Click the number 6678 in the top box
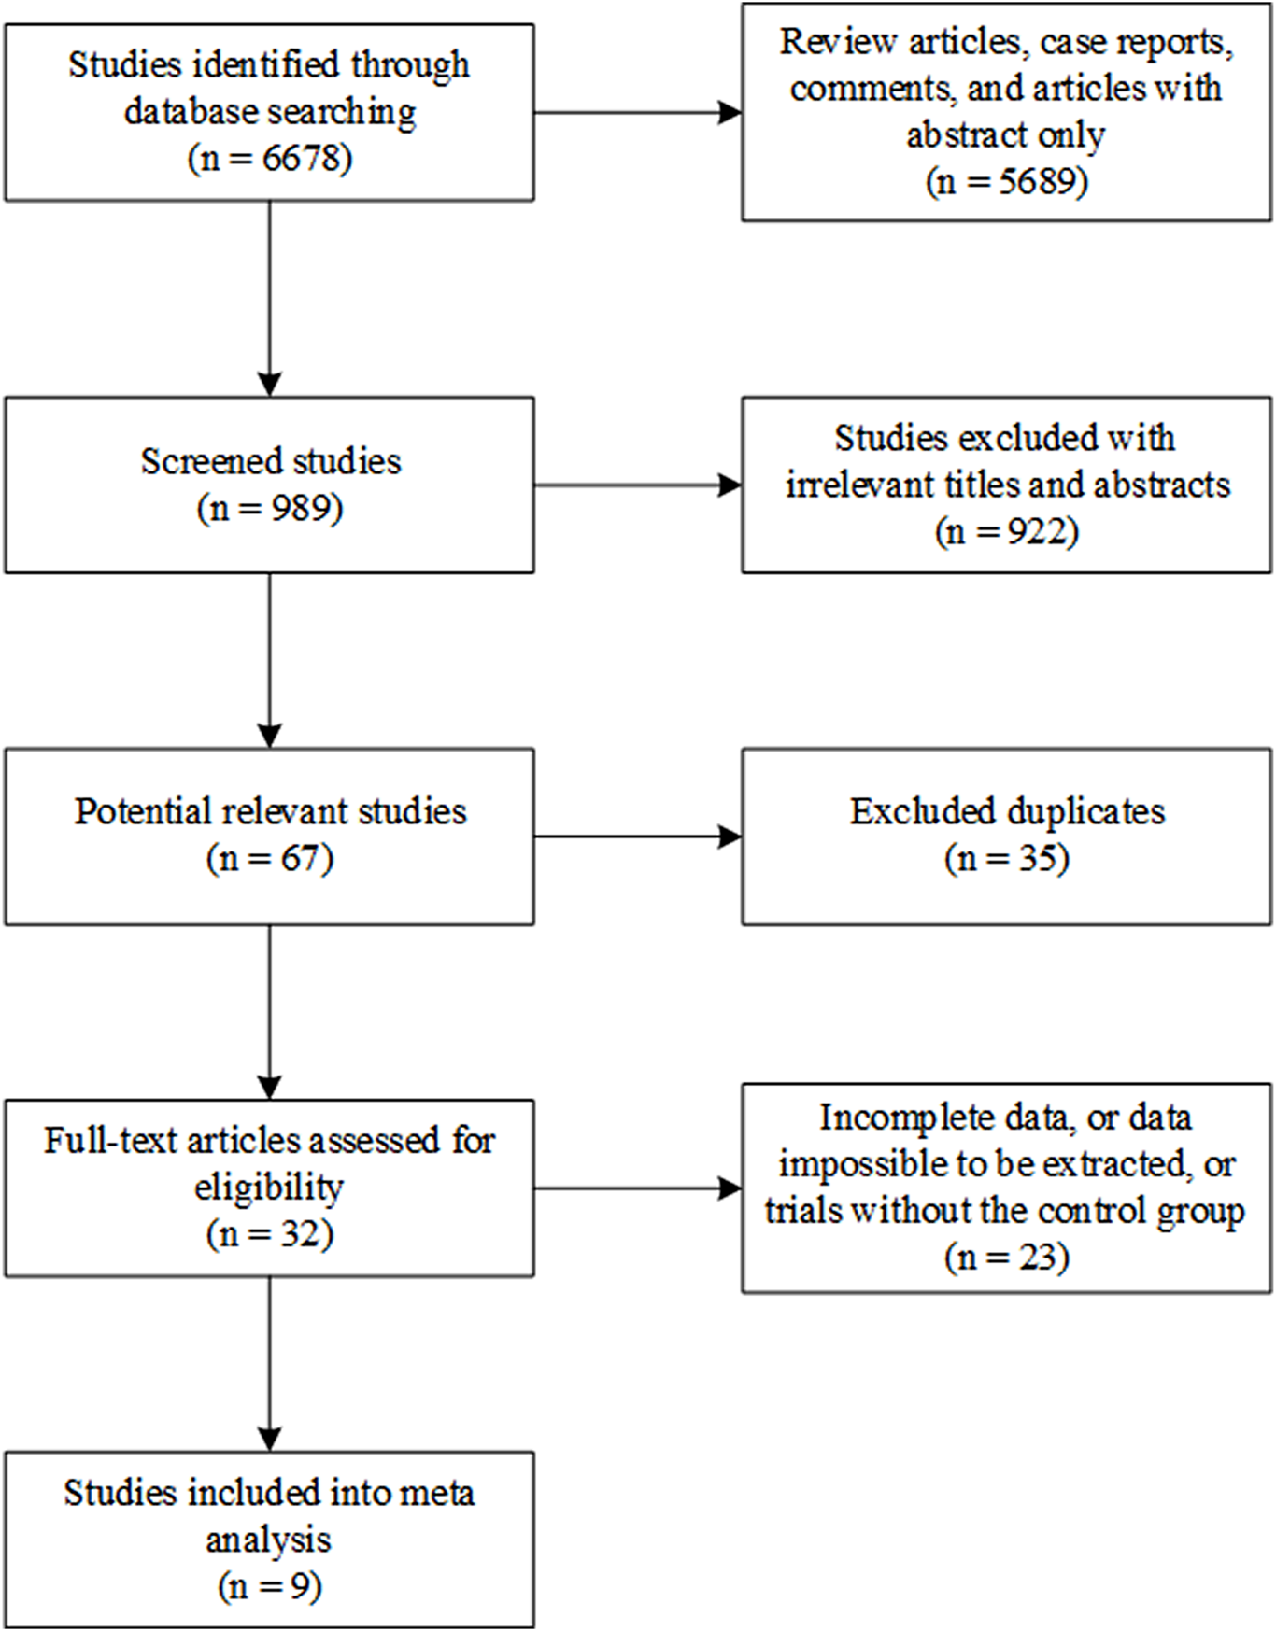pos(302,159)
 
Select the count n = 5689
pos(1006,181)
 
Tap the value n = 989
pos(269,509)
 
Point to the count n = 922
pos(1006,532)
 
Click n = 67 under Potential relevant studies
pos(269,859)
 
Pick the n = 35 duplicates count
pos(1006,859)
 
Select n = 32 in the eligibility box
pos(269,1234)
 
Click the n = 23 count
pos(1006,1258)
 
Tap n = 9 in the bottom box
pos(269,1586)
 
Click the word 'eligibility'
pos(269,1188)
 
